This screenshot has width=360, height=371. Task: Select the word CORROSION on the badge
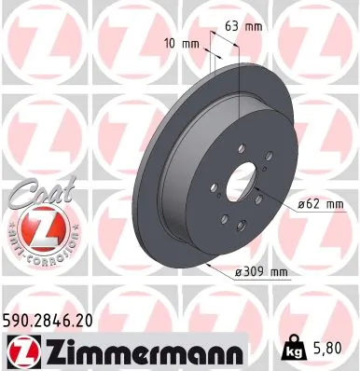tap(45, 255)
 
